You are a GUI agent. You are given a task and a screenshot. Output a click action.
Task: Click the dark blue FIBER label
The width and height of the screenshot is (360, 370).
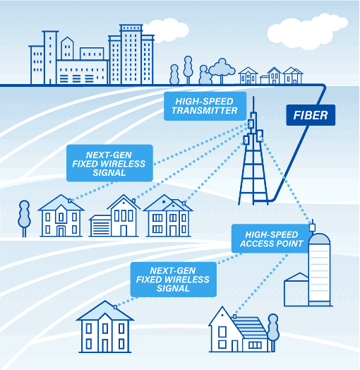[311, 115]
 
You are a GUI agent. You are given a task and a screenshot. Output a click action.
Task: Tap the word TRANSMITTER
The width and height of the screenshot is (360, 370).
[204, 111]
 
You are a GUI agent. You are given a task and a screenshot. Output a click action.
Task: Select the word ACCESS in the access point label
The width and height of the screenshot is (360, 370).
[256, 244]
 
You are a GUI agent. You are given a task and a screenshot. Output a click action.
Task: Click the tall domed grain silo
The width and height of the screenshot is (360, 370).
[319, 270]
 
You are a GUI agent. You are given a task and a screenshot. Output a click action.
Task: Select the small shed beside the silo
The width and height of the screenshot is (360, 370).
[296, 290]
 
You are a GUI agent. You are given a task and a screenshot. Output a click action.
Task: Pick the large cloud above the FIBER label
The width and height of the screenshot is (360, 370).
[307, 31]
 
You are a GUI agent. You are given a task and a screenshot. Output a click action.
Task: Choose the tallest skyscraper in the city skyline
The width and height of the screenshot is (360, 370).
[131, 54]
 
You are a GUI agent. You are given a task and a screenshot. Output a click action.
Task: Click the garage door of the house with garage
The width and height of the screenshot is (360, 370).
[100, 228]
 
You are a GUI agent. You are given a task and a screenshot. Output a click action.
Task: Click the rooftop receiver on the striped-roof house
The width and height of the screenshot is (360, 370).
[234, 316]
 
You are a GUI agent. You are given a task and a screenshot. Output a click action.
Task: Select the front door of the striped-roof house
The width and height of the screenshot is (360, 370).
[235, 346]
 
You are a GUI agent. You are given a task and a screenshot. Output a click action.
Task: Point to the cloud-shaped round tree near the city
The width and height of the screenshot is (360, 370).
[222, 70]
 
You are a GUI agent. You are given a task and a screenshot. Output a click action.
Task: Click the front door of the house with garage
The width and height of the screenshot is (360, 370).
[124, 230]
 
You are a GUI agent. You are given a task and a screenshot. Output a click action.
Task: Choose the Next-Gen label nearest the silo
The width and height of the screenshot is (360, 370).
[174, 280]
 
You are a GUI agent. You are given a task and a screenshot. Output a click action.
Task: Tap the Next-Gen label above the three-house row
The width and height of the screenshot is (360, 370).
[109, 163]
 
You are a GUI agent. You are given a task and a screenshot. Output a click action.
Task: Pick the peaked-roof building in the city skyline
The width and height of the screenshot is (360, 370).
[67, 48]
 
